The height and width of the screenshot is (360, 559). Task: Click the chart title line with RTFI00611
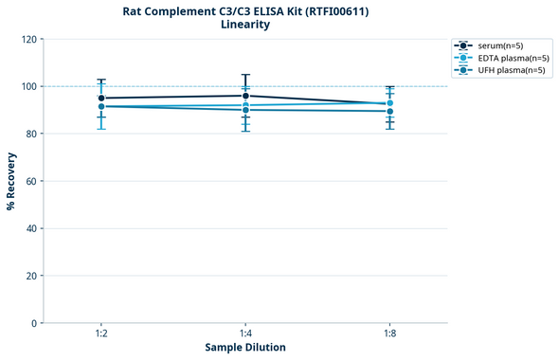[x=245, y=11]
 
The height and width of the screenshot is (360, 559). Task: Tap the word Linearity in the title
[x=245, y=26]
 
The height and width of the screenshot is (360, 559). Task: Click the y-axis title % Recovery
[x=11, y=181]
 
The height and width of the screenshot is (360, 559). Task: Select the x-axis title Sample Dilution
[x=245, y=348]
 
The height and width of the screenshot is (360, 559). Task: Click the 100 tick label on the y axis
[x=28, y=86]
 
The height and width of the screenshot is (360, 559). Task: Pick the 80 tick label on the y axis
[x=31, y=134]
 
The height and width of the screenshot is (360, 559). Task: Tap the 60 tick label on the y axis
[x=31, y=181]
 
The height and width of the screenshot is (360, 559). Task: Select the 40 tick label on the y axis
[x=31, y=228]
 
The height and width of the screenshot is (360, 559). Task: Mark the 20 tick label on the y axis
[x=31, y=276]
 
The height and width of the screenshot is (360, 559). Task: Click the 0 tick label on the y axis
[x=34, y=323]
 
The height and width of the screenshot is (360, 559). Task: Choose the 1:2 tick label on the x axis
[x=100, y=333]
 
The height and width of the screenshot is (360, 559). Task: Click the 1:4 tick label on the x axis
[x=245, y=333]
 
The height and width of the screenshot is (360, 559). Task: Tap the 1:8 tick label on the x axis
[x=389, y=333]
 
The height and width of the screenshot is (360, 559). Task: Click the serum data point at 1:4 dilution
[x=245, y=96]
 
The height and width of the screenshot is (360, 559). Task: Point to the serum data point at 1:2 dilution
[x=100, y=98]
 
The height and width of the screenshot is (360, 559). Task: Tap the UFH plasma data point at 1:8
[x=389, y=111]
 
